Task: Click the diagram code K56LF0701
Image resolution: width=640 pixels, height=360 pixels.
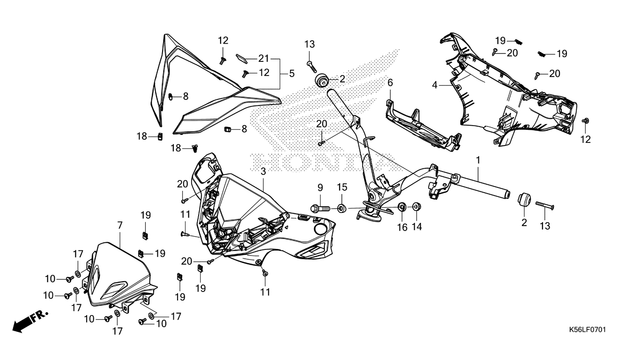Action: [588, 330]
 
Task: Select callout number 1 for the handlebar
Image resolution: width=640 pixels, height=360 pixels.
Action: [478, 160]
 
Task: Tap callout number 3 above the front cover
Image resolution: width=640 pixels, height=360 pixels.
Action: [263, 172]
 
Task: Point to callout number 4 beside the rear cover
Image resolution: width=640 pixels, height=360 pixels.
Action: [435, 85]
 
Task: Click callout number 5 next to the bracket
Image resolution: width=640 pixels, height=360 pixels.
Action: [292, 73]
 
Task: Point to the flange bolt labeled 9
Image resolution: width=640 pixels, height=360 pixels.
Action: [319, 207]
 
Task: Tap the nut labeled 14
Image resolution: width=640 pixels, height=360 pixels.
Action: [417, 207]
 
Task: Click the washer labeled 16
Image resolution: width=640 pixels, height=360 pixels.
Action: [402, 207]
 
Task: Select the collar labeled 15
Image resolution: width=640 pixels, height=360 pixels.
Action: [341, 207]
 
